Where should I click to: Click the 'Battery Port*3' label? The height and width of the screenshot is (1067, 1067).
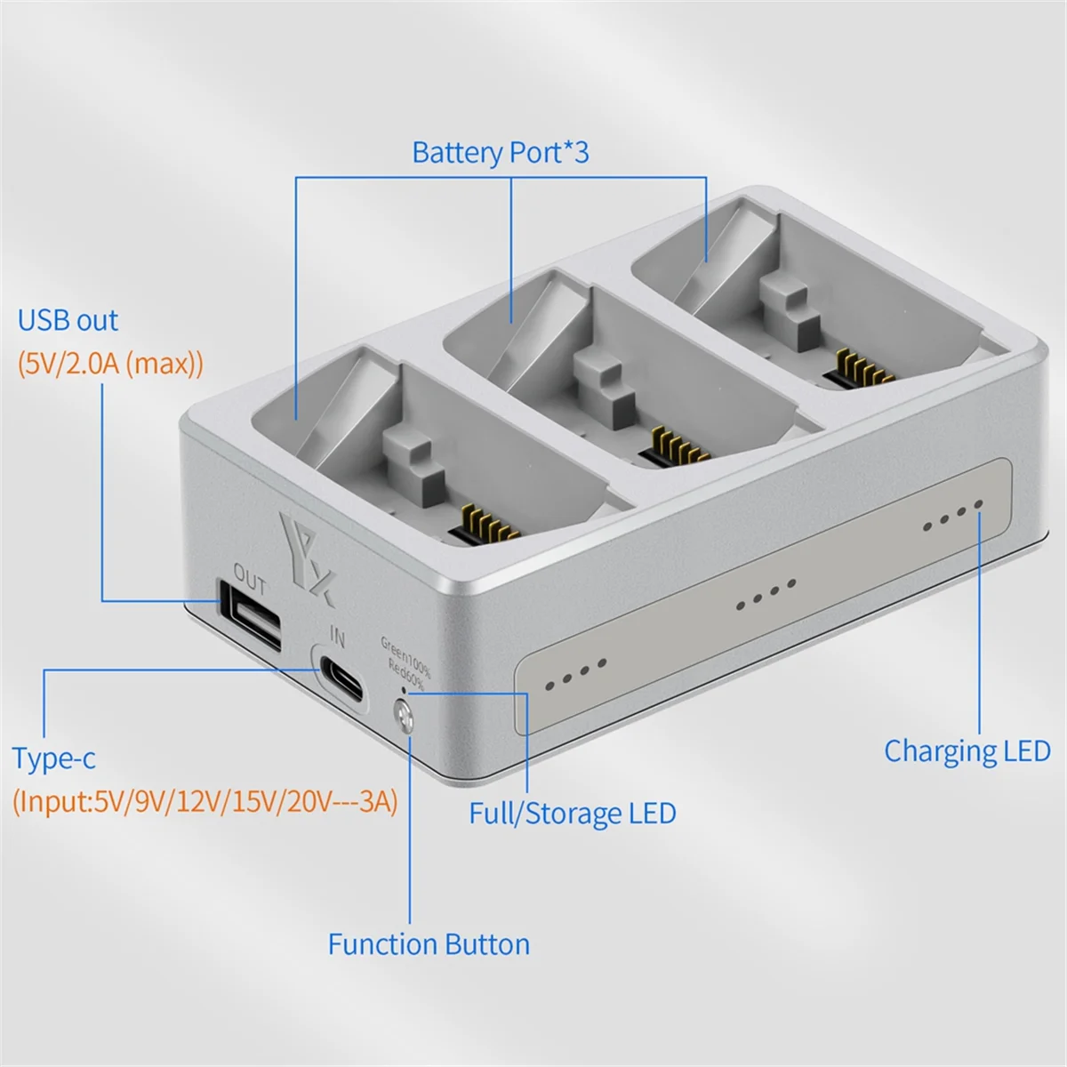click(500, 152)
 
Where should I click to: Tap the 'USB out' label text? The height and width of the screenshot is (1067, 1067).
click(68, 320)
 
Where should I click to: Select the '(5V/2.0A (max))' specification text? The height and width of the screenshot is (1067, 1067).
click(110, 364)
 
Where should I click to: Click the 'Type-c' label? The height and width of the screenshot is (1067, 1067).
click(53, 758)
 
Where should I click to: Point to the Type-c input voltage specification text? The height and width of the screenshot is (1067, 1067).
click(205, 801)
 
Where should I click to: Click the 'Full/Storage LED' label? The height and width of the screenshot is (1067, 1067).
click(572, 814)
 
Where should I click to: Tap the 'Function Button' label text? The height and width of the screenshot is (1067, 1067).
click(429, 944)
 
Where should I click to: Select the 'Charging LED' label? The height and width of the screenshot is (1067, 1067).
click(967, 751)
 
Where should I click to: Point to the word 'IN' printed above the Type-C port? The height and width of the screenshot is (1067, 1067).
click(337, 636)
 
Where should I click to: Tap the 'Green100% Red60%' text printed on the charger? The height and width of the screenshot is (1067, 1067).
click(405, 662)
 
